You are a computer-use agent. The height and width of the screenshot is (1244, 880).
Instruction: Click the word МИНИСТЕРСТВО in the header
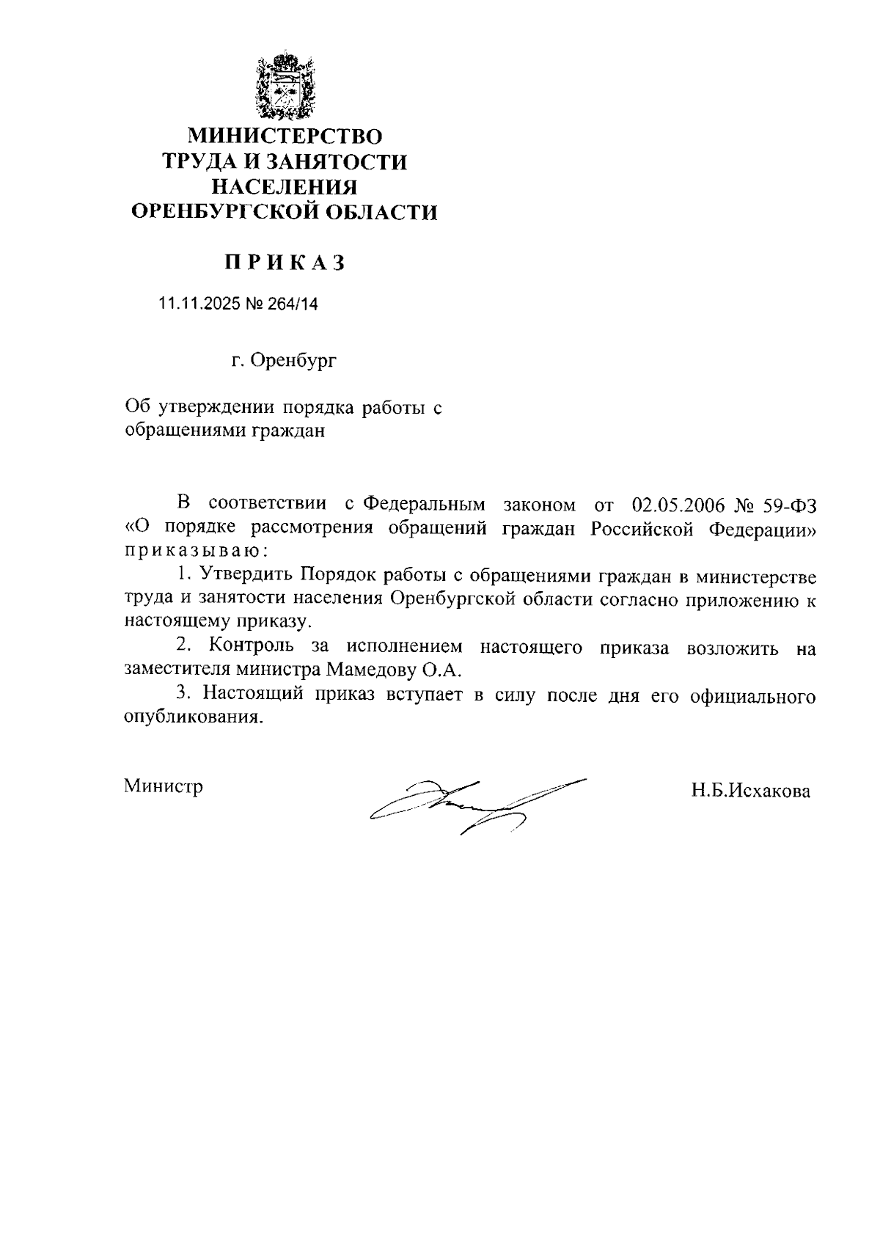(285, 136)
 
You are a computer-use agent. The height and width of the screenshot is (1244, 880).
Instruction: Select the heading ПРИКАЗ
(284, 263)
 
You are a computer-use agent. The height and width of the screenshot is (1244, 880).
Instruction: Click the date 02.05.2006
(678, 505)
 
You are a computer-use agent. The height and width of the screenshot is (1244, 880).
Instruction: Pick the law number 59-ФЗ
(786, 505)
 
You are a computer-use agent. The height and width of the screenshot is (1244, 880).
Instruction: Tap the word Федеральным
(425, 505)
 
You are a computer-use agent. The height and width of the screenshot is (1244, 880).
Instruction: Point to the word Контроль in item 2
(252, 646)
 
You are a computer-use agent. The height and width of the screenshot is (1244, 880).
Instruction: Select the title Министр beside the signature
(164, 786)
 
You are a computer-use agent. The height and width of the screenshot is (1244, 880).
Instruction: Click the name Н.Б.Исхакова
(749, 791)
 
